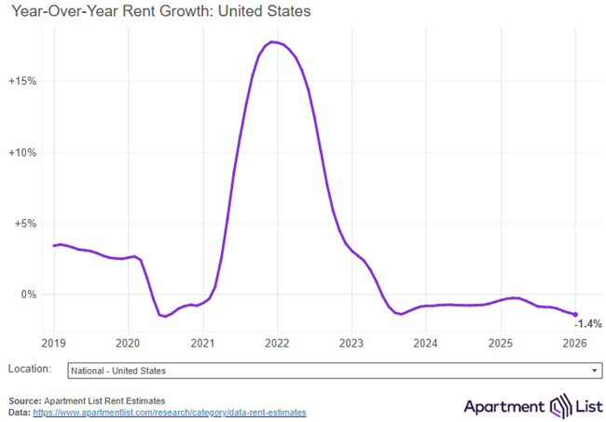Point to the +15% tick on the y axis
tap(21, 81)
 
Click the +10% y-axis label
tap(21, 153)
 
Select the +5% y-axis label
tap(24, 224)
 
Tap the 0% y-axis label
tap(27, 294)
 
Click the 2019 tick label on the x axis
tap(54, 342)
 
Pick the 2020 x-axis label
tap(128, 342)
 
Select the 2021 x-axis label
tap(202, 342)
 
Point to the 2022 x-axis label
tap(277, 342)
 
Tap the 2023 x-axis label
tap(351, 342)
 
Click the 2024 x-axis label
tap(425, 342)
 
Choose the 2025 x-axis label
tap(501, 342)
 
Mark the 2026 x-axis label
tap(574, 342)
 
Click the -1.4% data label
tap(587, 323)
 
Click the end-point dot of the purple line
tap(575, 315)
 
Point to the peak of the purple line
tap(271, 42)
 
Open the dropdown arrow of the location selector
tap(594, 371)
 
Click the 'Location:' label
tap(28, 370)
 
